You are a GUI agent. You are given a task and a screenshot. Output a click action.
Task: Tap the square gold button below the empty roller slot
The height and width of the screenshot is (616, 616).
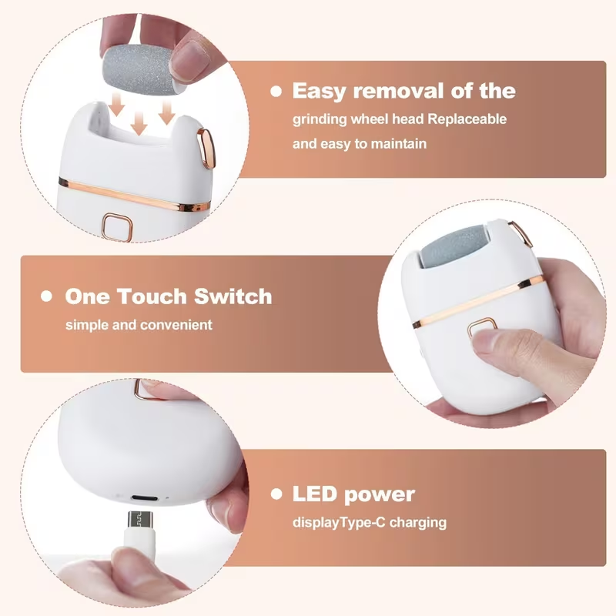pyautogui.click(x=118, y=226)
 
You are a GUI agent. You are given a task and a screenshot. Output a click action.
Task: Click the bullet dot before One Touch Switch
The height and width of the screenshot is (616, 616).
pyautogui.click(x=47, y=296)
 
